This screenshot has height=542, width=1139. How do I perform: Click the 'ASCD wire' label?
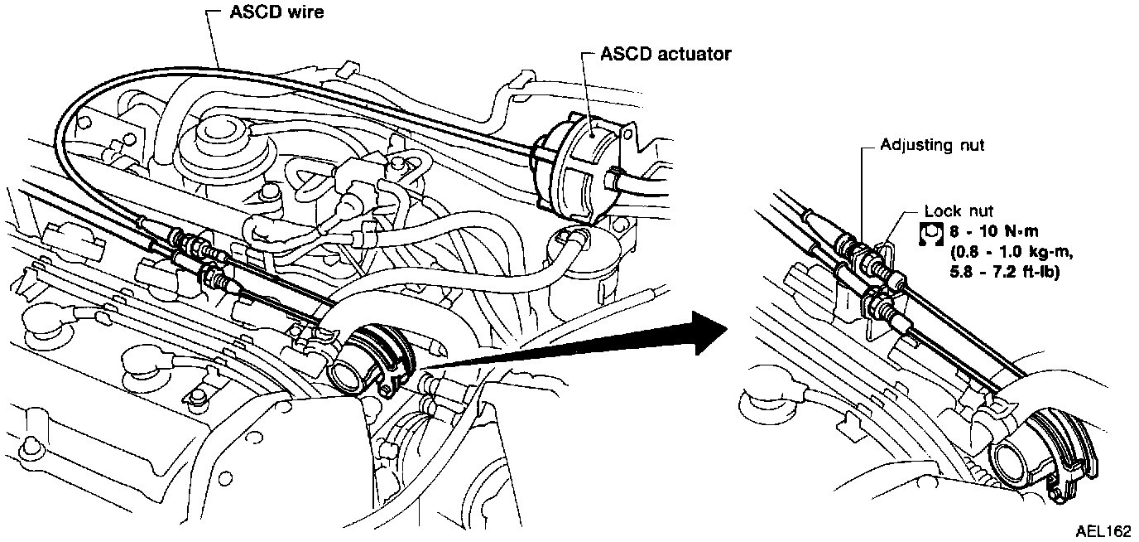pyautogui.click(x=276, y=12)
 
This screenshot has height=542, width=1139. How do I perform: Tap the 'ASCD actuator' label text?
pyautogui.click(x=666, y=54)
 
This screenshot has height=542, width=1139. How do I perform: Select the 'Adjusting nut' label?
pyautogui.click(x=932, y=146)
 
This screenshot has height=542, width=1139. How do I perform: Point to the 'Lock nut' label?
pyautogui.click(x=958, y=211)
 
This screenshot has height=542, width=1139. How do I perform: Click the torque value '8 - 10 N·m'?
pyautogui.click(x=993, y=231)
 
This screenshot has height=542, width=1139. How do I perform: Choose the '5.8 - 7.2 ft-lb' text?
pyautogui.click(x=1004, y=272)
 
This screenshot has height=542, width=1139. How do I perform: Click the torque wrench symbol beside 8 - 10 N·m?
pyautogui.click(x=931, y=234)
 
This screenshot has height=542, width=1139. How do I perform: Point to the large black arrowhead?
pyautogui.click(x=710, y=333)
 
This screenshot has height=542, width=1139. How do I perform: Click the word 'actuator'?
pyautogui.click(x=692, y=54)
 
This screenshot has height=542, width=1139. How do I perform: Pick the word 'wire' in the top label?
pyautogui.click(x=305, y=12)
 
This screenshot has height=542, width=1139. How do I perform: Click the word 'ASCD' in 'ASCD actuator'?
pyautogui.click(x=624, y=54)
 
